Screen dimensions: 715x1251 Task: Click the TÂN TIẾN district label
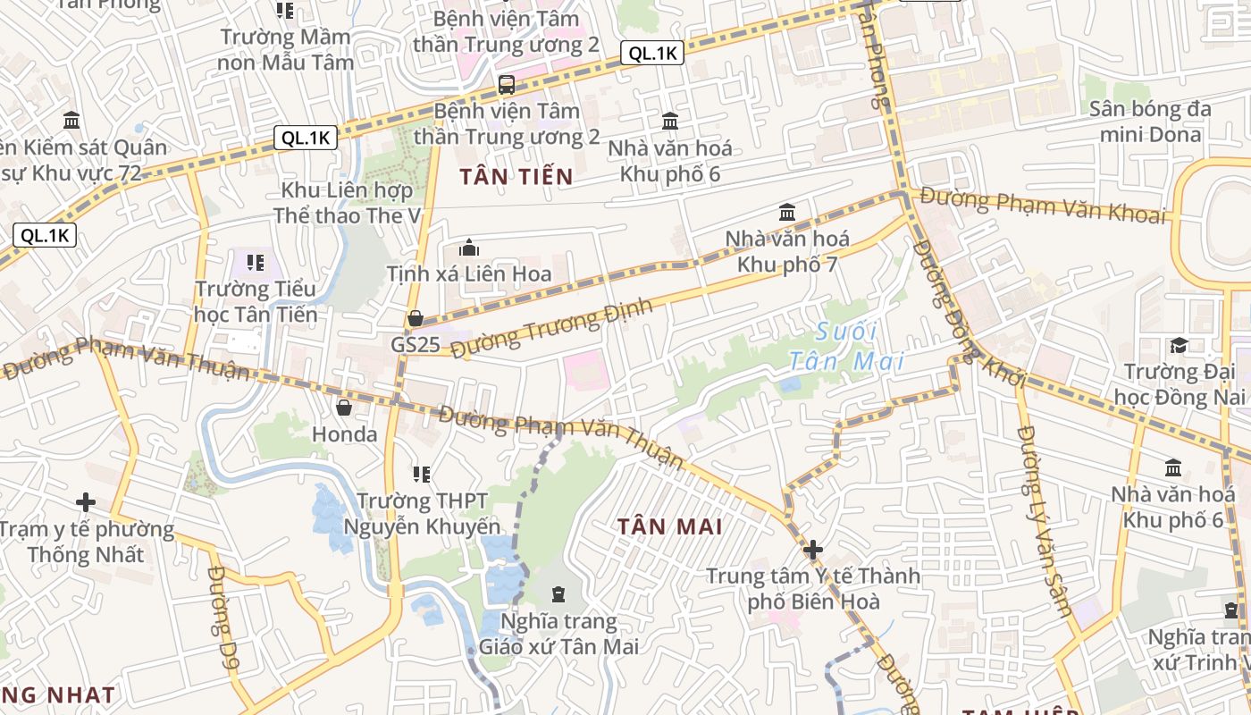click(x=516, y=177)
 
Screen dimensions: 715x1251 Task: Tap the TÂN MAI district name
click(x=669, y=526)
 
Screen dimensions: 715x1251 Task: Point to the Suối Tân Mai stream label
click(x=846, y=347)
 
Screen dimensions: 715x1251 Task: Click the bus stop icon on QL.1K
click(x=507, y=86)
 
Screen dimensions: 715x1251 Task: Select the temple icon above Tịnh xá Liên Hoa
click(x=469, y=248)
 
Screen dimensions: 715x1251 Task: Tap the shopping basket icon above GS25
click(x=416, y=318)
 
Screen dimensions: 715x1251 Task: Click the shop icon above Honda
click(x=344, y=408)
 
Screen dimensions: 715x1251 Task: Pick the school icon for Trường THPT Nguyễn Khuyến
click(x=422, y=474)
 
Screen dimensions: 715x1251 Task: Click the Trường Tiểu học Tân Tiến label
click(x=256, y=301)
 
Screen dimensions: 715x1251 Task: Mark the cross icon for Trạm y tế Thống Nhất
click(x=86, y=502)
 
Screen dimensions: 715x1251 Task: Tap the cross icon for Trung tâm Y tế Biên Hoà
click(x=812, y=550)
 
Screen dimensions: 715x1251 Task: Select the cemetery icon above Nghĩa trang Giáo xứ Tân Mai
click(x=558, y=594)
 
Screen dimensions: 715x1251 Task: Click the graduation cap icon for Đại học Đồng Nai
click(x=1179, y=345)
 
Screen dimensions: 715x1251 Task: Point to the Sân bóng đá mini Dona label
click(x=1150, y=122)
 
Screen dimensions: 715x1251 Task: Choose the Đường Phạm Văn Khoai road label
click(x=1044, y=205)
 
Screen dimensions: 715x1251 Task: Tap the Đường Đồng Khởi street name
click(x=970, y=314)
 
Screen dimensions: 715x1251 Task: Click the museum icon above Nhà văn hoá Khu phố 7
click(x=787, y=213)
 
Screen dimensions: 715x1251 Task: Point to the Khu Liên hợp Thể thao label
click(x=347, y=203)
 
